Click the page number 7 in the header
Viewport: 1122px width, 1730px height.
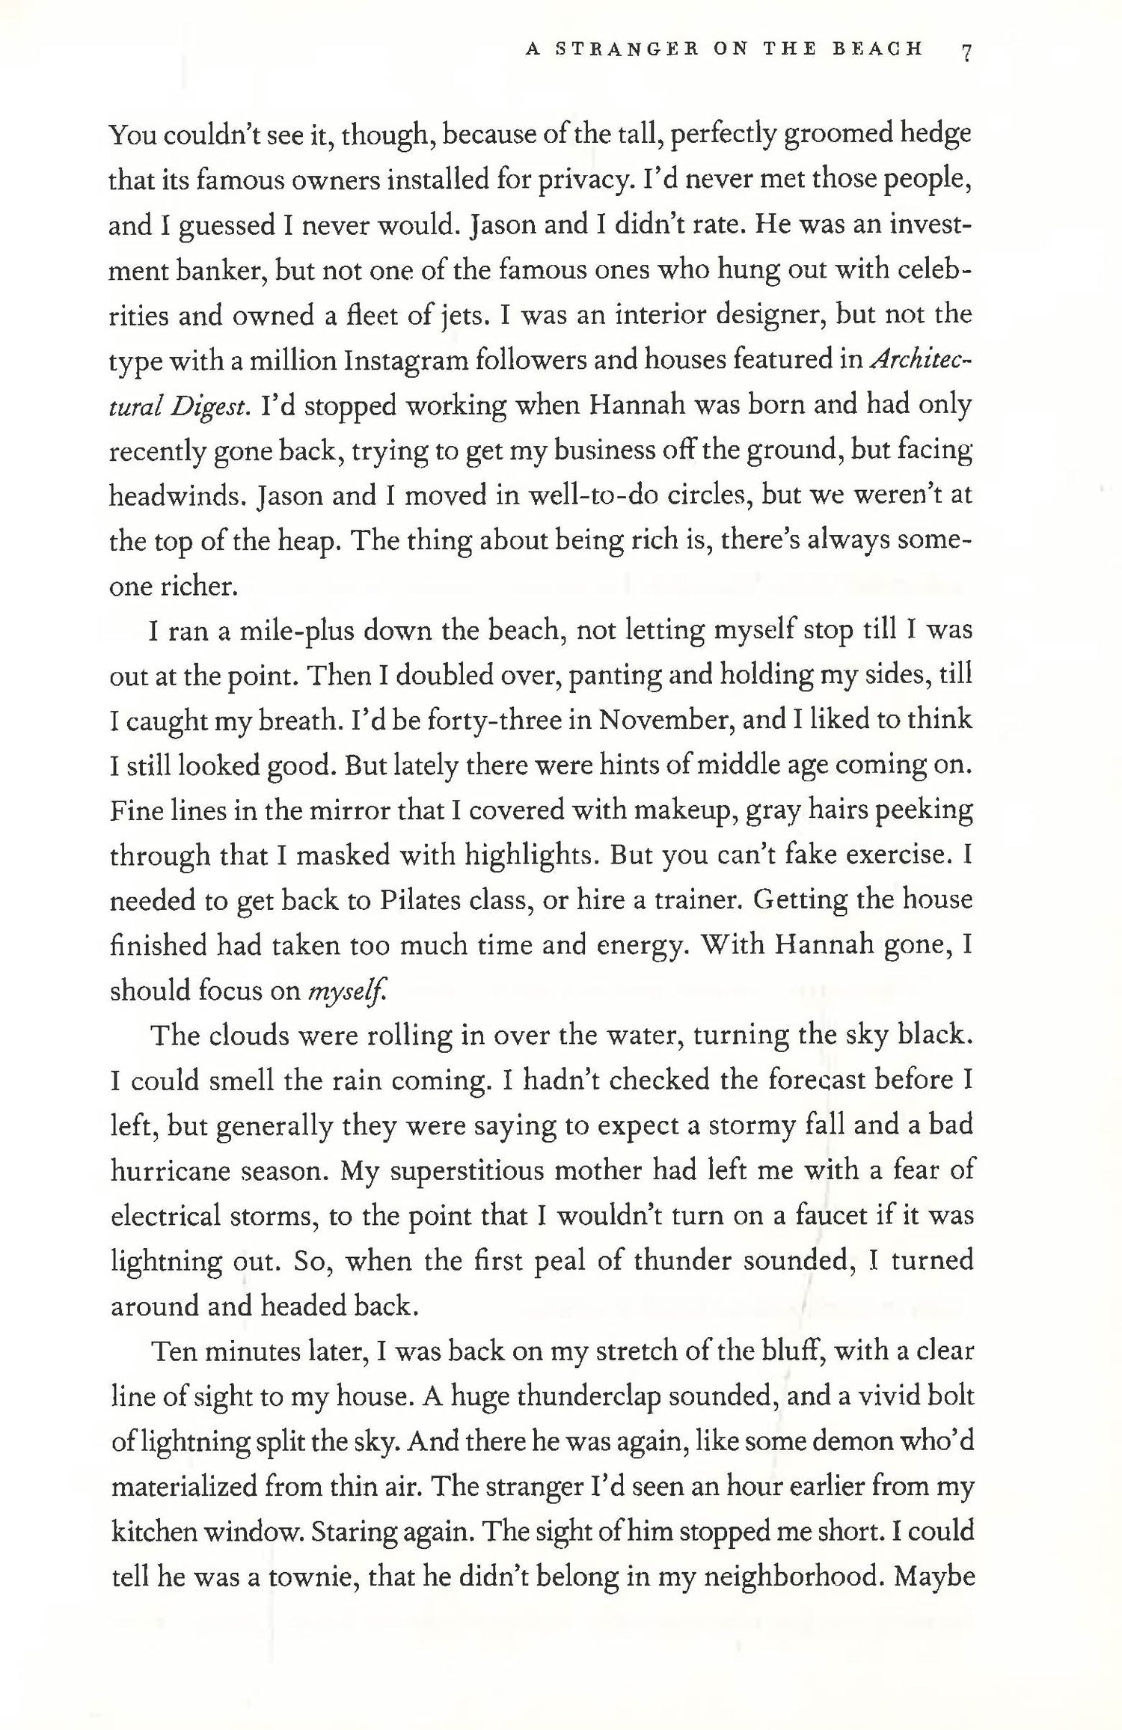point(966,52)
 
